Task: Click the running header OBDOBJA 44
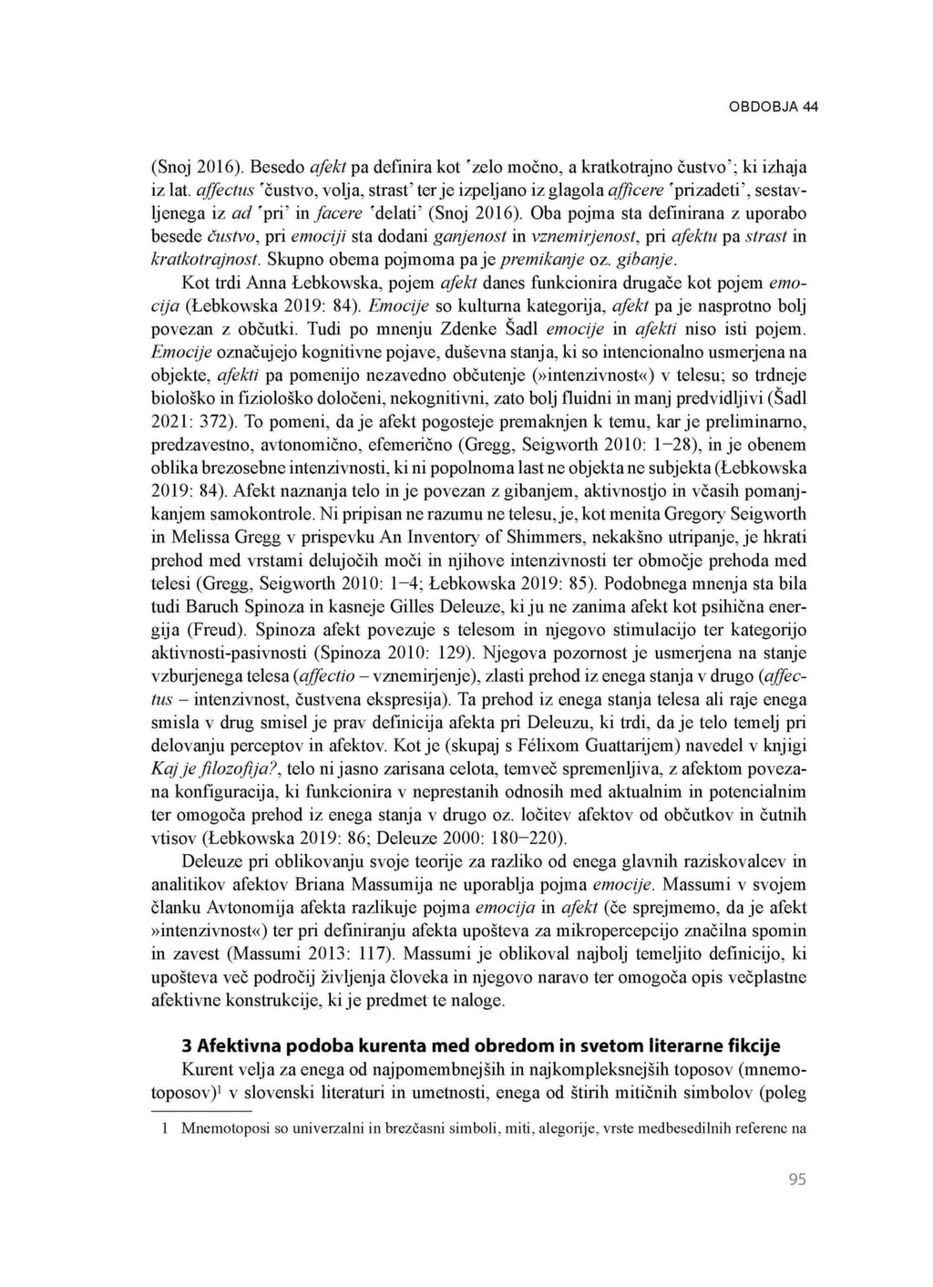point(774,107)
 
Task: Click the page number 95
point(797,1179)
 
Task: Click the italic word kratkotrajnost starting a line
point(200,259)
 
